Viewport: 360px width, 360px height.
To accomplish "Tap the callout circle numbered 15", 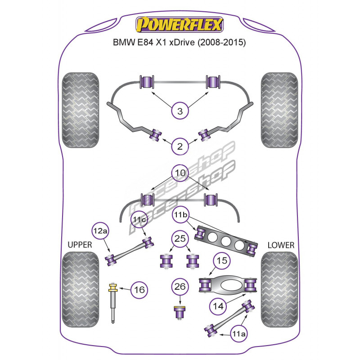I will [x=222, y=261].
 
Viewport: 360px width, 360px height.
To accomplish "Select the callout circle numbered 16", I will [x=139, y=290].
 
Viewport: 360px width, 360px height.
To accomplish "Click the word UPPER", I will [x=80, y=245].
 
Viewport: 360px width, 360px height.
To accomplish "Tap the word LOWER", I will [x=280, y=245].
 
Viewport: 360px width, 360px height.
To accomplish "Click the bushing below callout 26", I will [x=180, y=312].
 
